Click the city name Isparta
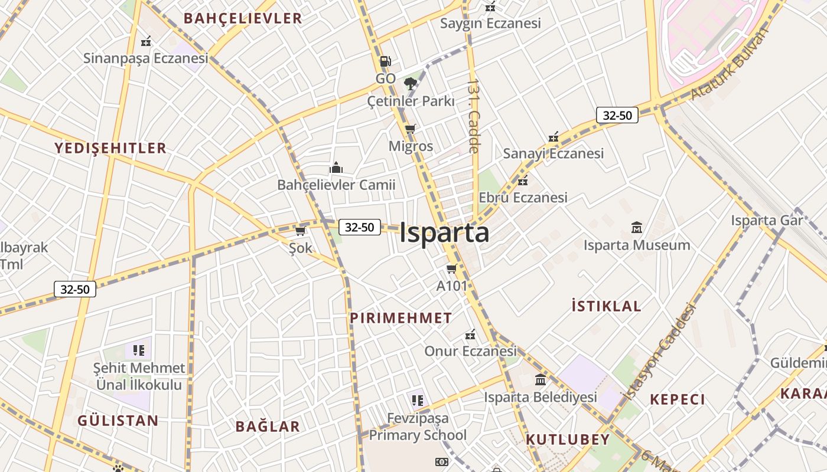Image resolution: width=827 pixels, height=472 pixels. [x=444, y=232]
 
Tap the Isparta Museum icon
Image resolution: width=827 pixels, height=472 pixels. [x=637, y=227]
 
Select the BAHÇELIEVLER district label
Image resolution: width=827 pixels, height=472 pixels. [x=243, y=18]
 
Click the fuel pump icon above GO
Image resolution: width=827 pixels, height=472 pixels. [x=385, y=61]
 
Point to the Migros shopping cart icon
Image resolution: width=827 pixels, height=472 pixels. [x=411, y=129]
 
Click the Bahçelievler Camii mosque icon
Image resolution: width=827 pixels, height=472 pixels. [x=336, y=168]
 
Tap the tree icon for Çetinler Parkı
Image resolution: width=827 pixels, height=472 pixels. [x=410, y=84]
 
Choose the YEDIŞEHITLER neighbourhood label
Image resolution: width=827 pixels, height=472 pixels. [x=110, y=148]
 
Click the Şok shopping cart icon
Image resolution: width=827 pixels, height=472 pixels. [x=300, y=231]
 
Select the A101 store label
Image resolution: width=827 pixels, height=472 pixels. [x=452, y=286]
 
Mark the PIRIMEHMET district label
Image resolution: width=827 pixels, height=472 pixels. [x=401, y=318]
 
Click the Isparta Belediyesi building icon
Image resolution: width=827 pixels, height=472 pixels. [x=541, y=379]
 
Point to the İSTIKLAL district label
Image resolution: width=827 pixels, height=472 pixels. [x=606, y=306]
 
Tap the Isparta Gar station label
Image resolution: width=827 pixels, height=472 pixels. [x=767, y=221]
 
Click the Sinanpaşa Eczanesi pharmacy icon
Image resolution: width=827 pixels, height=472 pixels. [x=146, y=42]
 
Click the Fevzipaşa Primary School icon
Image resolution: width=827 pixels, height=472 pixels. [x=418, y=401]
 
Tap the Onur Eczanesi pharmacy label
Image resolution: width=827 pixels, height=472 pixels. [x=470, y=351]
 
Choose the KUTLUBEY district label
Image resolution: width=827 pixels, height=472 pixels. [x=567, y=440]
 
